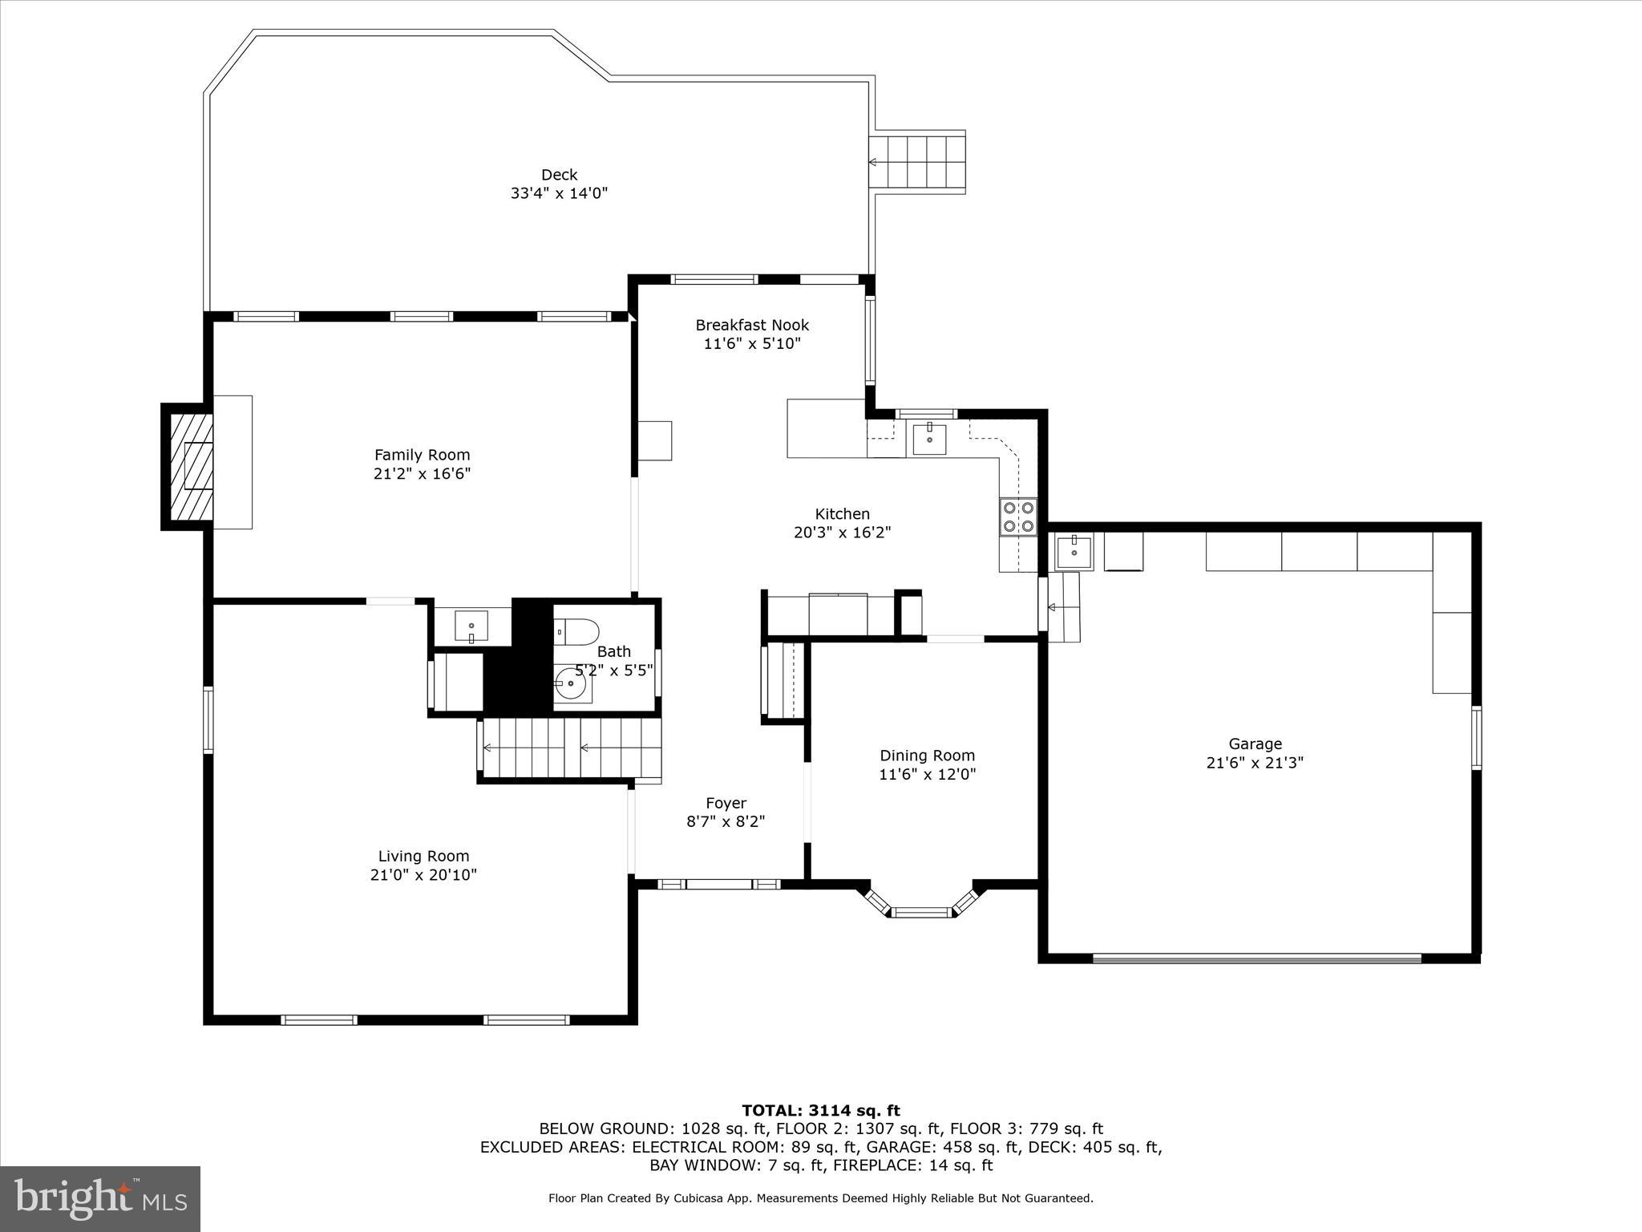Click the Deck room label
(559, 175)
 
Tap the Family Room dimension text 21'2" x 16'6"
(422, 473)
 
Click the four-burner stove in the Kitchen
(1018, 517)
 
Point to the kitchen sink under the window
(929, 440)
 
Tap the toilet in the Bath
(577, 632)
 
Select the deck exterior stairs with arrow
(919, 162)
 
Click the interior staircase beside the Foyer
(570, 748)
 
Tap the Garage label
(1255, 744)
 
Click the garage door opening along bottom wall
(1256, 958)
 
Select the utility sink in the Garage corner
(1073, 551)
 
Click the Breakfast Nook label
(751, 325)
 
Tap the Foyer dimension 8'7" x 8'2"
(726, 821)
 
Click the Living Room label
(423, 856)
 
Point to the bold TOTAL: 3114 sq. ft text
(820, 1110)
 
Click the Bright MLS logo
(100, 1198)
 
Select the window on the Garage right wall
(1476, 737)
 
